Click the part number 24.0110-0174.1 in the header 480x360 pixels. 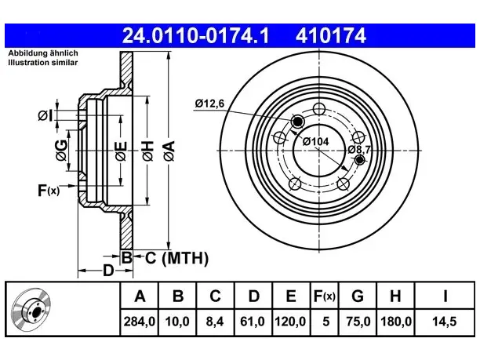pyautogui.click(x=195, y=35)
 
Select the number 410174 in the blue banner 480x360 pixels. pyautogui.click(x=331, y=35)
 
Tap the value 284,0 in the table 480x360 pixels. pyautogui.click(x=140, y=322)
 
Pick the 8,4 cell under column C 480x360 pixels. pyautogui.click(x=215, y=322)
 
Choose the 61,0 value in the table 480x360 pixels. pyautogui.click(x=253, y=322)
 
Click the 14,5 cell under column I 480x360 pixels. pyautogui.click(x=444, y=322)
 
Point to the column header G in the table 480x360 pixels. pyautogui.click(x=358, y=296)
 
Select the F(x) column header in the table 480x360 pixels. pyautogui.click(x=325, y=296)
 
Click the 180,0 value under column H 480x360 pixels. pyautogui.click(x=396, y=322)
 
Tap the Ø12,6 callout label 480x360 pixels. pyautogui.click(x=209, y=104)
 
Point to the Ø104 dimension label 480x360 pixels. pyautogui.click(x=315, y=141)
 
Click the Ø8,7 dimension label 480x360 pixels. pyautogui.click(x=359, y=150)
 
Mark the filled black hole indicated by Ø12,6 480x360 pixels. pyautogui.click(x=297, y=122)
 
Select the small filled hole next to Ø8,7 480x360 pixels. pyautogui.click(x=360, y=159)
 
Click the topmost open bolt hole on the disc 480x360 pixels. pyautogui.click(x=319, y=109)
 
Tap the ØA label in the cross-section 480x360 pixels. pyautogui.click(x=169, y=151)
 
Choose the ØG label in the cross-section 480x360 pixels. pyautogui.click(x=61, y=150)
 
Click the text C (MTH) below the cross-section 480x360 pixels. pyautogui.click(x=176, y=258)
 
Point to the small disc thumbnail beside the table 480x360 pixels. pyautogui.click(x=31, y=309)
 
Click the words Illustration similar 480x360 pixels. pyautogui.click(x=43, y=63)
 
